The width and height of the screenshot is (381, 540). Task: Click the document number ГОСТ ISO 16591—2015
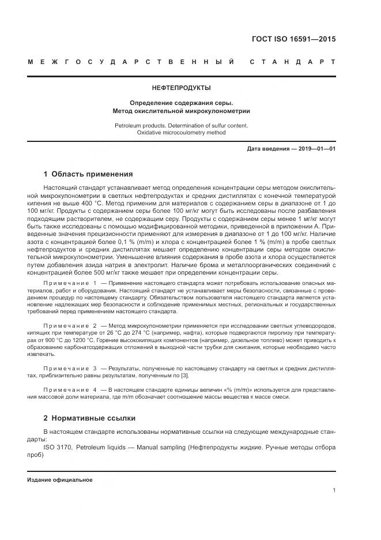[x=294, y=39]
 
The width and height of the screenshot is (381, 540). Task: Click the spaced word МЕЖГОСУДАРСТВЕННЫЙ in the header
[x=130, y=62]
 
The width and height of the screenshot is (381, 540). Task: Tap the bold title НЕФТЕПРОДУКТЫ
[x=181, y=88]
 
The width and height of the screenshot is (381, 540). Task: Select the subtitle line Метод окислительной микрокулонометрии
[x=181, y=111]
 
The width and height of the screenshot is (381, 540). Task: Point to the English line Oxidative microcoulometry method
[x=181, y=133]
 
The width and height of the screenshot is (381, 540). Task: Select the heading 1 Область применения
[x=88, y=174]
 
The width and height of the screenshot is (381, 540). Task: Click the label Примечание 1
[x=70, y=284]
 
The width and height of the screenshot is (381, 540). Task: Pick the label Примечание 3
[x=70, y=367]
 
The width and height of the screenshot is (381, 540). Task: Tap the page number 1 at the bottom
[x=334, y=491]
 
